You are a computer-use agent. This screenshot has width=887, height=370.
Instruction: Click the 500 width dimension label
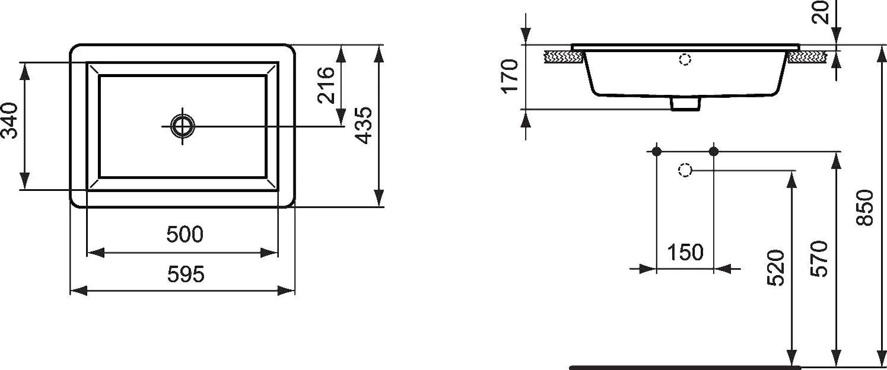pyautogui.click(x=185, y=234)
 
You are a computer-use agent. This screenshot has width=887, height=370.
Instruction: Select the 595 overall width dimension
pyautogui.click(x=186, y=274)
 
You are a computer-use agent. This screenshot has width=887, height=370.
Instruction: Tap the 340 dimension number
pyautogui.click(x=9, y=121)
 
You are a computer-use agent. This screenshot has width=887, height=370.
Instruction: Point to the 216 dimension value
pyautogui.click(x=326, y=85)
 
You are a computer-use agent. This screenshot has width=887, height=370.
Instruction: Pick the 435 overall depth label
pyautogui.click(x=363, y=126)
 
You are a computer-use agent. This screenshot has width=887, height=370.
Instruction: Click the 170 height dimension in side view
pyautogui.click(x=510, y=76)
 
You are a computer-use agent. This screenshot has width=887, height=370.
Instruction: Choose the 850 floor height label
pyautogui.click(x=865, y=208)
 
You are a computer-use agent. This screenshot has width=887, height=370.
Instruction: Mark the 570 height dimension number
pyautogui.click(x=819, y=259)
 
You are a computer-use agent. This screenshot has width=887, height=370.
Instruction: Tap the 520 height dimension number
pyautogui.click(x=775, y=268)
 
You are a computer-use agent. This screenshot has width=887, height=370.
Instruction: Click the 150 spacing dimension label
pyautogui.click(x=685, y=252)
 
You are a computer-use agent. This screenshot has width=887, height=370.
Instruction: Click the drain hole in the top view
pyautogui.click(x=183, y=126)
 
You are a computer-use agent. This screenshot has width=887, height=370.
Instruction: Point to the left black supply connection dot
pyautogui.click(x=657, y=151)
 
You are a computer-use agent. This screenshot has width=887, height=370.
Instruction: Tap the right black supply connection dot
pyautogui.click(x=714, y=151)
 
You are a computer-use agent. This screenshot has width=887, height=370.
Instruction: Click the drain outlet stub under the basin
pyautogui.click(x=685, y=104)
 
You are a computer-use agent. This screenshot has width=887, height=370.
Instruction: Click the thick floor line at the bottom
pyautogui.click(x=685, y=367)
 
